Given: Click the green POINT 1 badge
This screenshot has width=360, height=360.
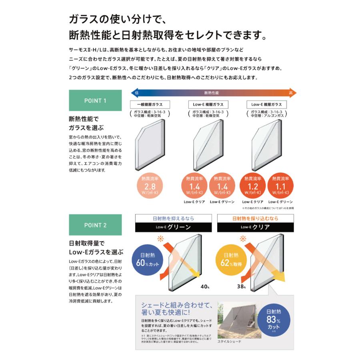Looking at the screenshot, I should tap(95, 100).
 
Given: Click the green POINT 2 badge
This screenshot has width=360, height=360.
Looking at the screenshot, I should tap(95, 225).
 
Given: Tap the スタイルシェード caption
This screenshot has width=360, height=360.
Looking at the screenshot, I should tap(229, 342).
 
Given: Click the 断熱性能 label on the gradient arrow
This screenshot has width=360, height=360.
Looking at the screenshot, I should tap(212, 92).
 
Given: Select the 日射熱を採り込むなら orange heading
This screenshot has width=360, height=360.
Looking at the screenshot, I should tap(255, 218).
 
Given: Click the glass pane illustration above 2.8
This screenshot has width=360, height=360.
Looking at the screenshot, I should tap(148, 144).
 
